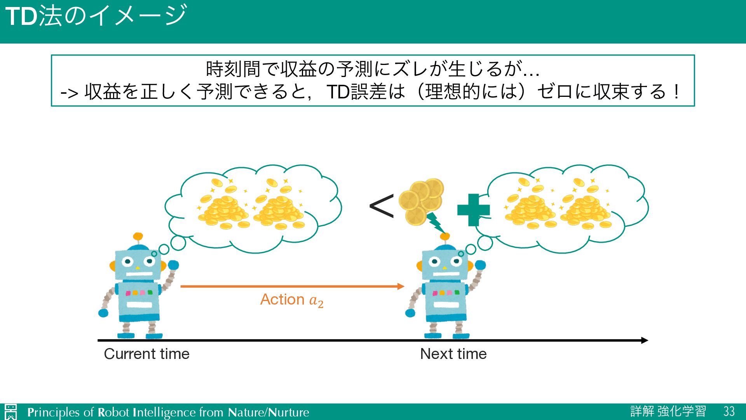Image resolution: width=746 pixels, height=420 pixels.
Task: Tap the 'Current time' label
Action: pos(146,354)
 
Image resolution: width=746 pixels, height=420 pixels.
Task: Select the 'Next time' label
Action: pos(453,354)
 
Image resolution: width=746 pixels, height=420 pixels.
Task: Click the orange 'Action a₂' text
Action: pos(291,300)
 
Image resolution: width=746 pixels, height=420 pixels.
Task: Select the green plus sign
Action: pos(473,210)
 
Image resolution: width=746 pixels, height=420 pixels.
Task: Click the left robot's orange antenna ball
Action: pos(138,236)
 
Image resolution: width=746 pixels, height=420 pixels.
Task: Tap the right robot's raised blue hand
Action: pos(480,265)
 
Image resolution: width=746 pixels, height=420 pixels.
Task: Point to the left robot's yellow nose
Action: pos(137,268)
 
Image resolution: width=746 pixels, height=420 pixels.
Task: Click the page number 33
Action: pos(729,411)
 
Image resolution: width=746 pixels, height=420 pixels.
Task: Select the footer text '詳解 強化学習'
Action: pos(668,411)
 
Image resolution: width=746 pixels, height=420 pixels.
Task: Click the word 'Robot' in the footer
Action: pos(113,412)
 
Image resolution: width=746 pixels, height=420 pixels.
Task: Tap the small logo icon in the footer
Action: pos(10,412)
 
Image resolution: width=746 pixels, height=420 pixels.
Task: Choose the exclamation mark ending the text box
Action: pos(677,92)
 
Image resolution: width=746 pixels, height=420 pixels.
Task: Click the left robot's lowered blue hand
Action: pos(103,313)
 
